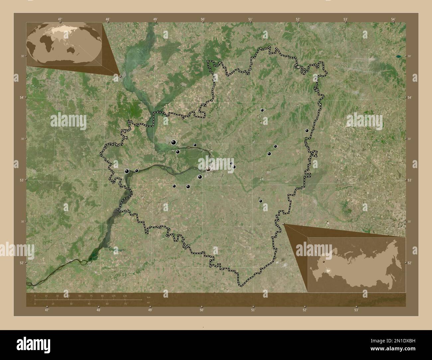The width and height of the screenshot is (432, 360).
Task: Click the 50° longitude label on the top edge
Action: [203, 19]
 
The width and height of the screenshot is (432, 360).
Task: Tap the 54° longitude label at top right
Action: [393, 19]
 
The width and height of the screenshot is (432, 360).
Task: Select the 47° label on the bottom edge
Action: [47, 310]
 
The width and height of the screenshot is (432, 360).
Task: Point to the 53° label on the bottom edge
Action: [356, 310]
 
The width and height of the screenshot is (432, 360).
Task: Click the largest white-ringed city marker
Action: [208, 169]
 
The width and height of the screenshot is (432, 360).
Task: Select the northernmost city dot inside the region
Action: [262, 110]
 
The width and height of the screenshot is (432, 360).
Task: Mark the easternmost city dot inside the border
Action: [307, 131]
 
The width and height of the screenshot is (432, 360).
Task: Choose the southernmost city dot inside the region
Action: [261, 201]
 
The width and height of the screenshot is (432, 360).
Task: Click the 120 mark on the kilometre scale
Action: [125, 296]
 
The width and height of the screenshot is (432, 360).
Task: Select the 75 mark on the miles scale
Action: [125, 304]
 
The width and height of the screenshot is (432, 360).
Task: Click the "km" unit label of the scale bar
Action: [148, 297]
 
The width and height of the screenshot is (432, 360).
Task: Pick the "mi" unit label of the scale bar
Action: [148, 303]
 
